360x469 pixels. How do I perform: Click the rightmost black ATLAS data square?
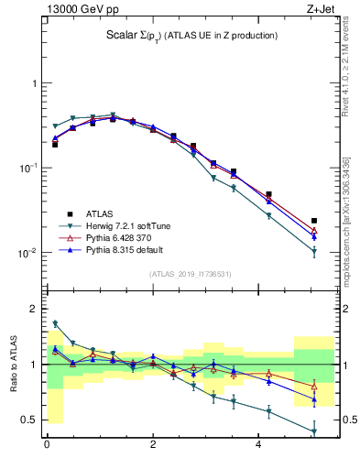314,221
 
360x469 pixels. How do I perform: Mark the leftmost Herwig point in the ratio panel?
55,323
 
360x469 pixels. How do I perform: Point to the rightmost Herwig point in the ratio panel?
314,431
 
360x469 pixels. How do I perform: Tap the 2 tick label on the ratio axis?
34,309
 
